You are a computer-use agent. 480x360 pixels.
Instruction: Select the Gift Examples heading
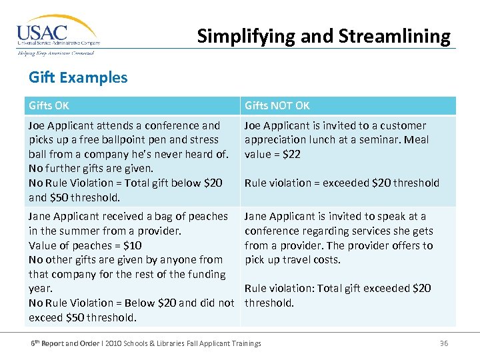(x=78, y=77)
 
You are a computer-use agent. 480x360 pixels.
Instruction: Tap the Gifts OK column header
(x=49, y=105)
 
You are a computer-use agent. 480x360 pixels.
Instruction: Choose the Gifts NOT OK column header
(x=277, y=105)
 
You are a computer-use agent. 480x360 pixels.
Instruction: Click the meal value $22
(x=291, y=155)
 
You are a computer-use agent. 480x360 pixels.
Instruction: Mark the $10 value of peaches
(x=130, y=245)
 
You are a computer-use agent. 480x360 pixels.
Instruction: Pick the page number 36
(x=444, y=343)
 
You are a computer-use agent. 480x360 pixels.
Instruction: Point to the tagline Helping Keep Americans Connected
(x=56, y=53)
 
